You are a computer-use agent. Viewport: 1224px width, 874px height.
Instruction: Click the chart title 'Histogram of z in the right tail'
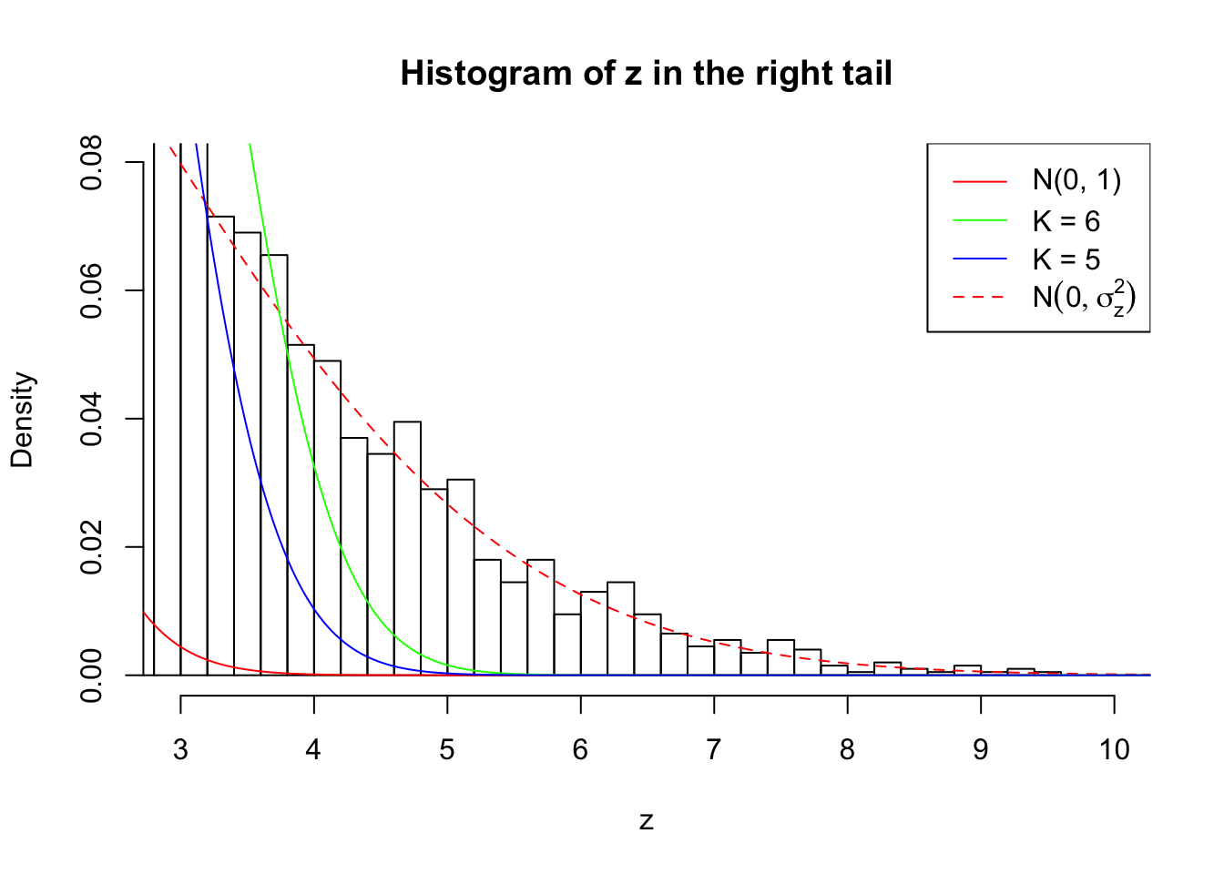click(646, 73)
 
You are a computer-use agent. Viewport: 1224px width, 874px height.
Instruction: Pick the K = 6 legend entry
click(1066, 221)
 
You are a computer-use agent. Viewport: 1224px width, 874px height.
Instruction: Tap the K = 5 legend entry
click(1066, 259)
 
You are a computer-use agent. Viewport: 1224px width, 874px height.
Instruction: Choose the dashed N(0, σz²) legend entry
click(1083, 298)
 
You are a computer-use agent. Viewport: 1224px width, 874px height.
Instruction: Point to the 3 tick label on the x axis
click(180, 749)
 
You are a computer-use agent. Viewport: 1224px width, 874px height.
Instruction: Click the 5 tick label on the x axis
click(447, 749)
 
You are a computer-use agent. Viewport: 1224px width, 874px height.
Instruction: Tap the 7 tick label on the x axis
click(714, 749)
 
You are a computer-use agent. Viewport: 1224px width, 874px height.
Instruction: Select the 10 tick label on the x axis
click(1114, 749)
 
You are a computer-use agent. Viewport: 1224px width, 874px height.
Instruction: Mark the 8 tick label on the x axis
click(847, 749)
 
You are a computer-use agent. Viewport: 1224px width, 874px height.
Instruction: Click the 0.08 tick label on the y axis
click(93, 162)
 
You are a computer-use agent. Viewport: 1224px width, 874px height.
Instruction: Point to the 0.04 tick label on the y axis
click(93, 419)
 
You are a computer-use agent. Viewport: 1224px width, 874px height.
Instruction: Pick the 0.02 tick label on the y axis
click(93, 547)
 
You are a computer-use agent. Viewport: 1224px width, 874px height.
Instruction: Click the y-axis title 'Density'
click(22, 419)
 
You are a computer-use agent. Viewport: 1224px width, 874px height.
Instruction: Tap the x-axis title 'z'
click(646, 821)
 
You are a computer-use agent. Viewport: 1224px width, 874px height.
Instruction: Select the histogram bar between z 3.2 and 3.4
click(220, 446)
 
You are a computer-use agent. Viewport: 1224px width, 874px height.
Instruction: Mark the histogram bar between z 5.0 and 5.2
click(461, 577)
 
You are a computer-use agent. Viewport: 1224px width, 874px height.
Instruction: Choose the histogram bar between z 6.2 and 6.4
click(620, 628)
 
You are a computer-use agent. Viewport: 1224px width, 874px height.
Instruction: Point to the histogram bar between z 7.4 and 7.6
click(780, 657)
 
